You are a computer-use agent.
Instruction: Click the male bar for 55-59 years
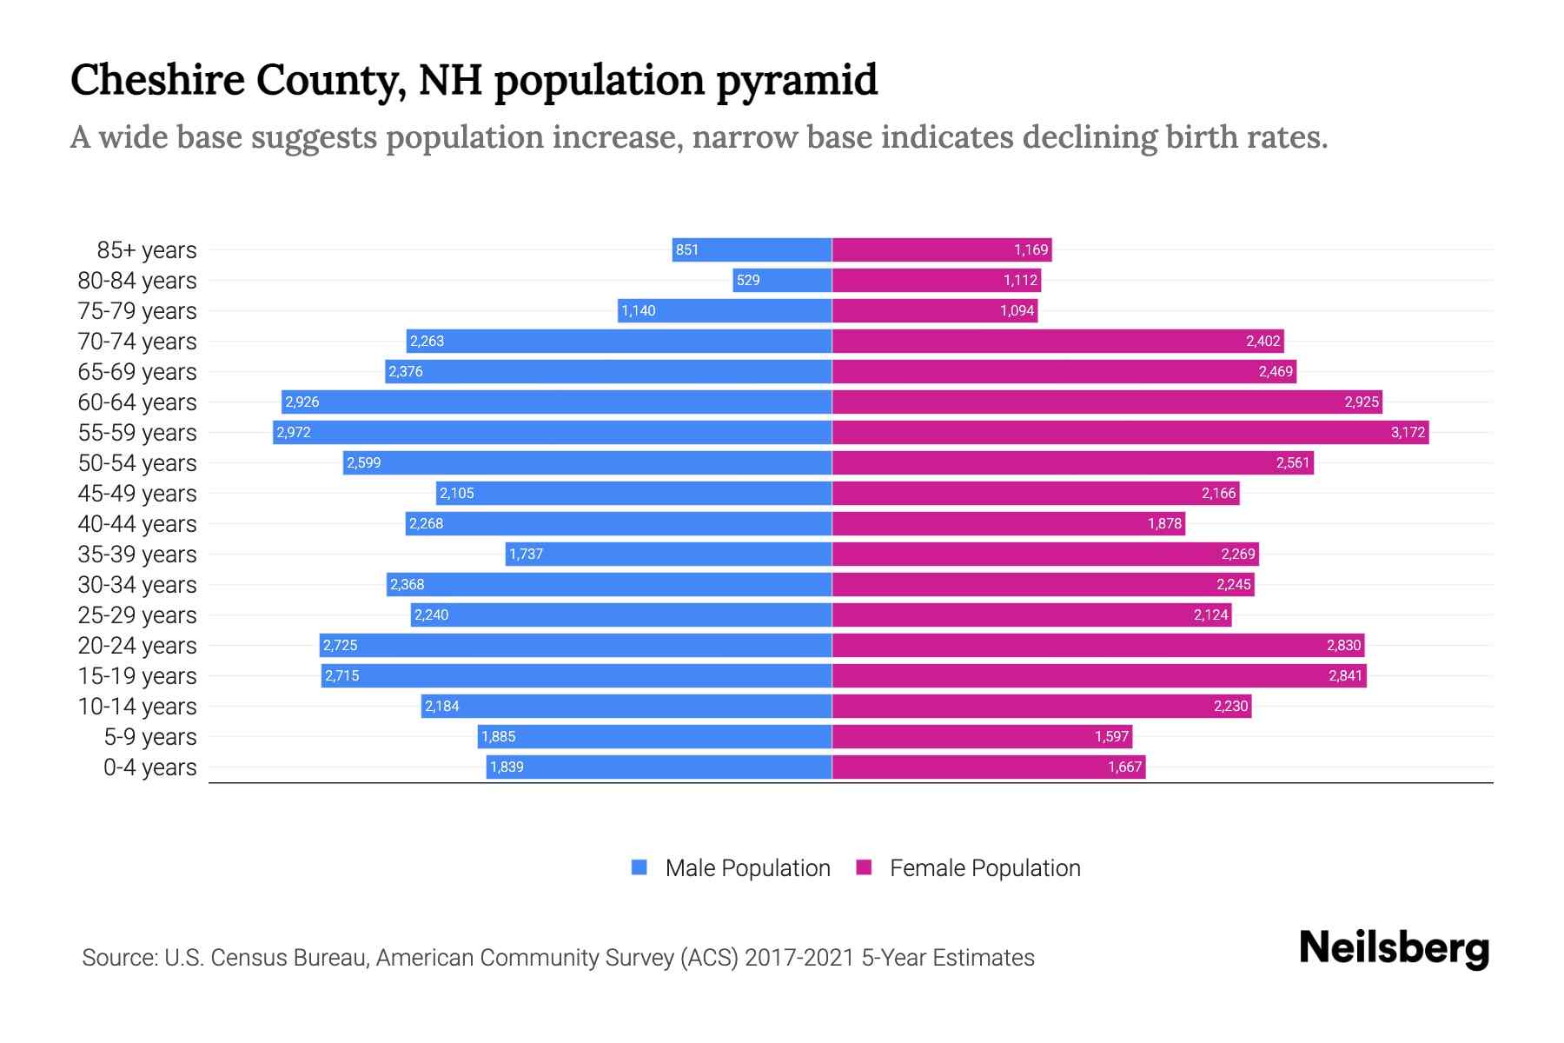553,432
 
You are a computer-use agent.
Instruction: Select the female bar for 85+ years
942,249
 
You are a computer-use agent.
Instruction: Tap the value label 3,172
1408,432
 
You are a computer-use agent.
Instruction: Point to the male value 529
747,280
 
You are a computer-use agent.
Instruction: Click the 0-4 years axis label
149,767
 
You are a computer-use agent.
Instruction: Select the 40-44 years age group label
137,524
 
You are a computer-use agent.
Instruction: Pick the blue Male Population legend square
640,867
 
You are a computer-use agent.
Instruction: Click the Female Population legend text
984,868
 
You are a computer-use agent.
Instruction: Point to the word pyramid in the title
797,80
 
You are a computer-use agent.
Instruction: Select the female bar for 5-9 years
982,736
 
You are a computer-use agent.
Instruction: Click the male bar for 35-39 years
669,554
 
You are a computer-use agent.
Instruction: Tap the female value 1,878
1164,523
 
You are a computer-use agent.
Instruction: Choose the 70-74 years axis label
137,342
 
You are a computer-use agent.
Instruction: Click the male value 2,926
302,402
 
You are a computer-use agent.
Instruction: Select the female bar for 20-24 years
1098,645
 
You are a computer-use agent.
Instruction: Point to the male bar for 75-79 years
725,310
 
